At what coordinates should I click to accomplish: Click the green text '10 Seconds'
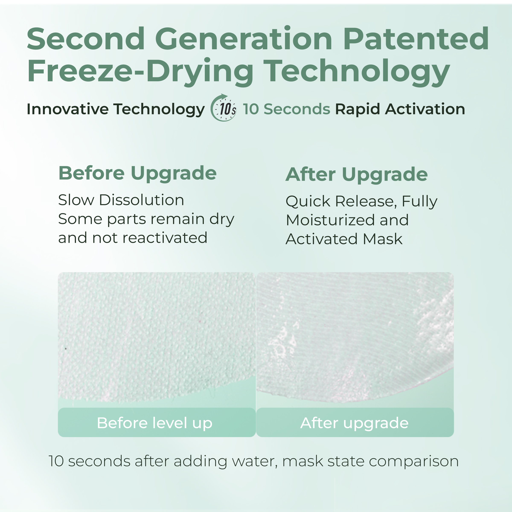tap(287, 109)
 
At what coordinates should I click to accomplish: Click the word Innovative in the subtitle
tap(68, 109)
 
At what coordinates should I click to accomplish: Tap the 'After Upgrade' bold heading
tap(356, 175)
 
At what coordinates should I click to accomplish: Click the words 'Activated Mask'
tap(344, 239)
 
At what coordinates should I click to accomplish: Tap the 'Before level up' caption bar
tap(157, 422)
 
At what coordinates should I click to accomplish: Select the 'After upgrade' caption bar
tap(355, 422)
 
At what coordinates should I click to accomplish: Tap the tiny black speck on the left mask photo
tap(66, 349)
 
